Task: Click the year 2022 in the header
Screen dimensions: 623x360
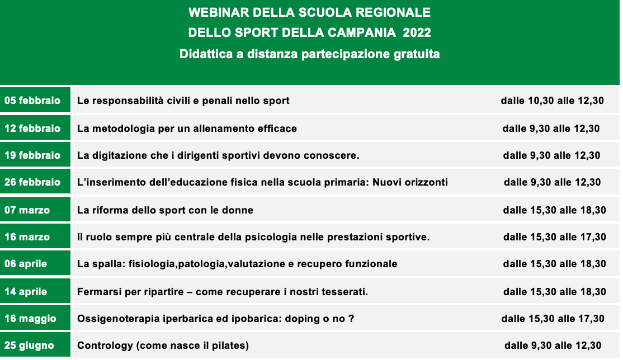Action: coord(417,32)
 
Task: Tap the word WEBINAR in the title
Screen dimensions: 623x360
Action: coord(219,12)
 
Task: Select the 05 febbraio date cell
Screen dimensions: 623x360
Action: coord(35,100)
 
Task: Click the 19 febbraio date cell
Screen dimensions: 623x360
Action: coord(35,155)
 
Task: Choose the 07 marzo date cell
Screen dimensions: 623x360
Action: coord(35,210)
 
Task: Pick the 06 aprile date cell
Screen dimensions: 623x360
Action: coord(35,264)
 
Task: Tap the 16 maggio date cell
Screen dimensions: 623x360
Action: coord(35,318)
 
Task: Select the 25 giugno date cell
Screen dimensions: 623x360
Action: coord(35,345)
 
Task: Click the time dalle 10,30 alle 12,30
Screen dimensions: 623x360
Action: coord(553,101)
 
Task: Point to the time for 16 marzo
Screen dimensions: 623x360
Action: coord(555,237)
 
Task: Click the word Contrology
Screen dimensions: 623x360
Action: coord(105,345)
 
